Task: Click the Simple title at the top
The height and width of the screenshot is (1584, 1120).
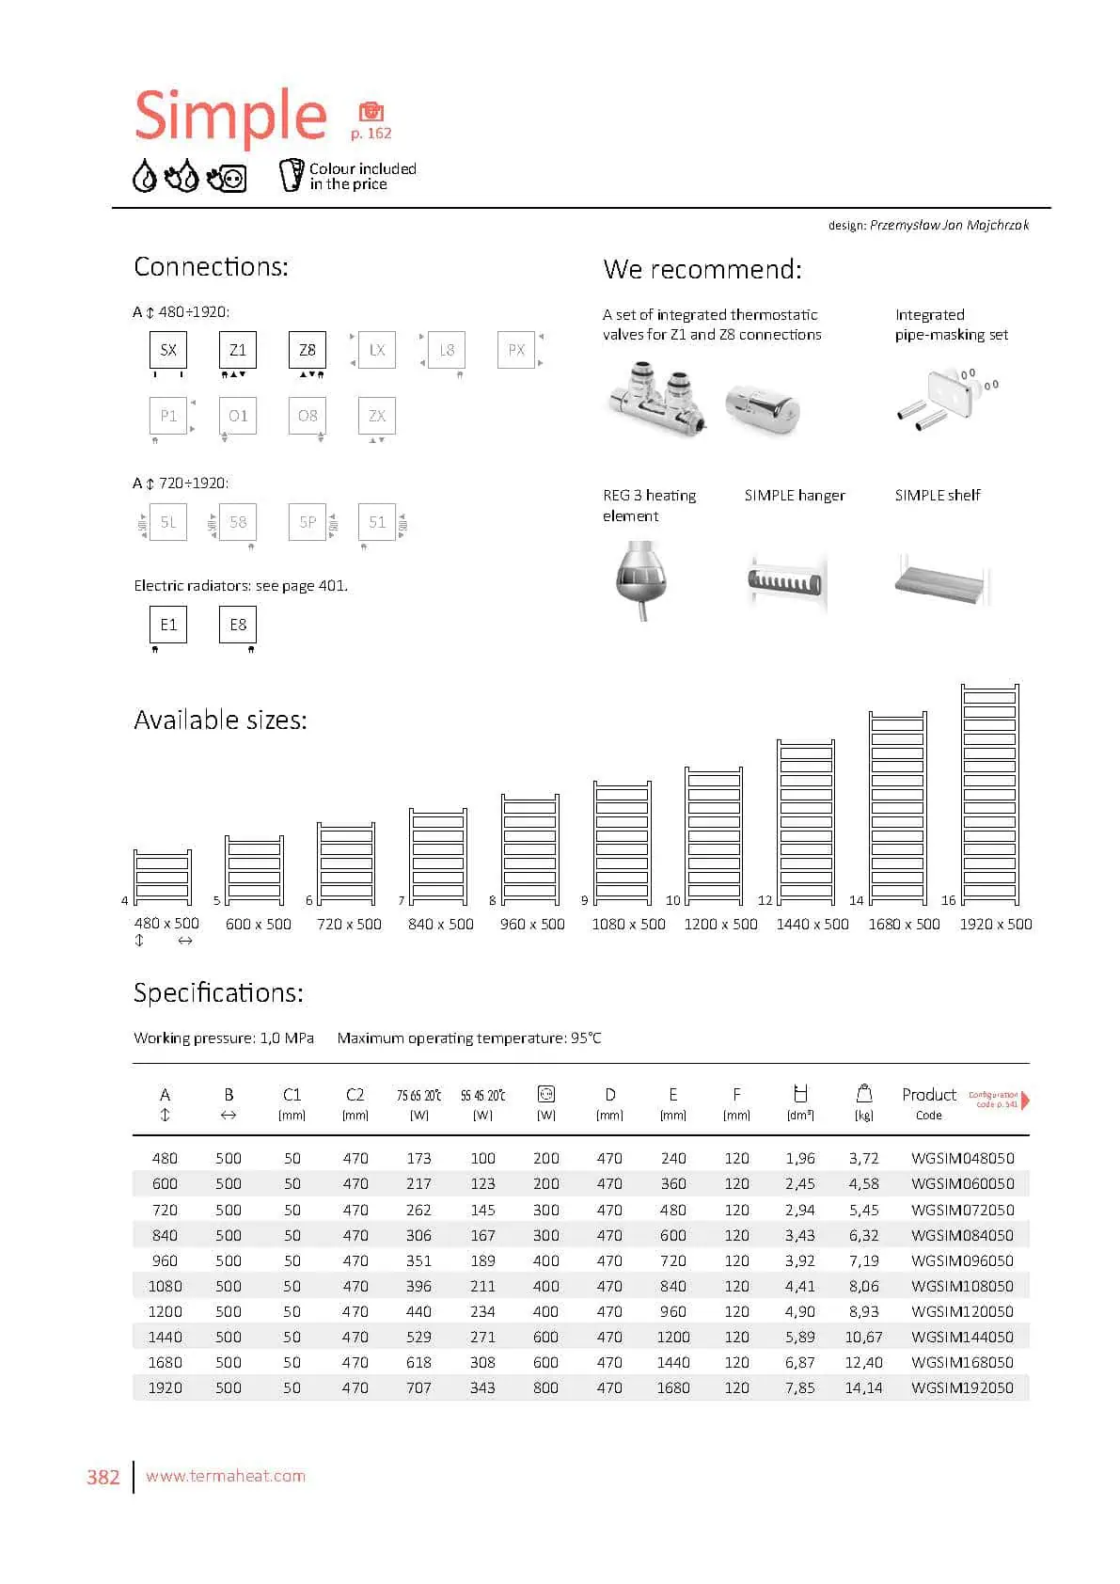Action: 230,116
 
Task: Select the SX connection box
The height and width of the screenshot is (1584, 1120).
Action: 168,350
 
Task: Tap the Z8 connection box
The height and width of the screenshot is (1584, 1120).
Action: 308,350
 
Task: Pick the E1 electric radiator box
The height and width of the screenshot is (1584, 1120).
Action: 168,625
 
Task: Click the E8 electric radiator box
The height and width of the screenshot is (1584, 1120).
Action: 238,625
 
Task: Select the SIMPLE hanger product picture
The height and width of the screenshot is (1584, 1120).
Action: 786,580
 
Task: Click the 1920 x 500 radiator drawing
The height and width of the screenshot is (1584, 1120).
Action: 989,794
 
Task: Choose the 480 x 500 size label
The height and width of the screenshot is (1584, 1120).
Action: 166,924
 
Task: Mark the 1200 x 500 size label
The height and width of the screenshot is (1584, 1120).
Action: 720,925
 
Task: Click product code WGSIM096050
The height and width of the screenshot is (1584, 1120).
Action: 962,1260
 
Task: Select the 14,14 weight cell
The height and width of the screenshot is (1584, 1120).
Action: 863,1387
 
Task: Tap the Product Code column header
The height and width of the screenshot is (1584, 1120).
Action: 928,1103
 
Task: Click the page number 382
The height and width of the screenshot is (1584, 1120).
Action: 103,1477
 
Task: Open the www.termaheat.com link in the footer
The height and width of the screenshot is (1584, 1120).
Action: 226,1476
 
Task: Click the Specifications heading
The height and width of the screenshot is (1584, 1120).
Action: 218,992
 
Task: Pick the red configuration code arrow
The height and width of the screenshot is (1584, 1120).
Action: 1025,1100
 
